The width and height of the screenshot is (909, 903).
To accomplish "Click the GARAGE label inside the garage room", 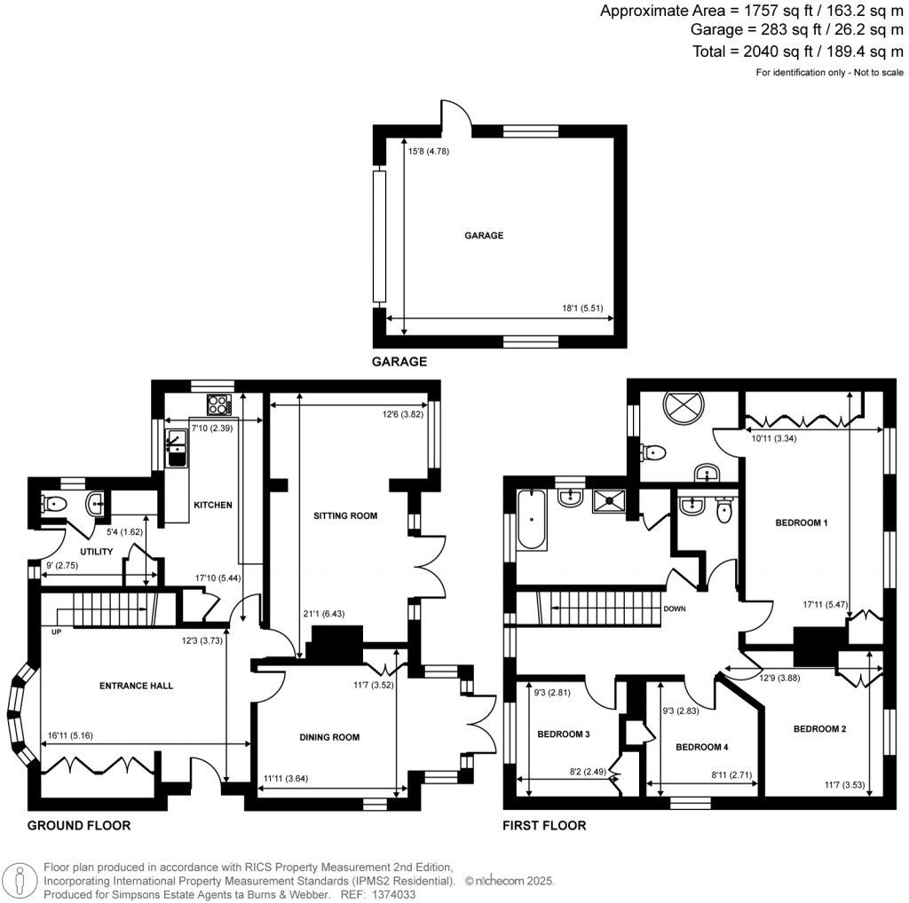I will tap(484, 236).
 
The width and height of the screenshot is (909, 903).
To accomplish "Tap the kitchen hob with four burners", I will tap(218, 405).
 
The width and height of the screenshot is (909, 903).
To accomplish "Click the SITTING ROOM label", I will tap(345, 515).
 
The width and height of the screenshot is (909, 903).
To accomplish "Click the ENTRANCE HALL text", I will tap(136, 686).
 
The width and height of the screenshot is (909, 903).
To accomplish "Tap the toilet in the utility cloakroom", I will tap(54, 506).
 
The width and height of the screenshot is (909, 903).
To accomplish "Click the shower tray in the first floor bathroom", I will tap(611, 501).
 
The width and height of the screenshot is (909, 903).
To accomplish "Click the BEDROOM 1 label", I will tap(802, 522).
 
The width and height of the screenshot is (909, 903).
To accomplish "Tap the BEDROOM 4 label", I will tap(701, 747).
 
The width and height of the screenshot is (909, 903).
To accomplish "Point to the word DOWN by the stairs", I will tap(676, 609).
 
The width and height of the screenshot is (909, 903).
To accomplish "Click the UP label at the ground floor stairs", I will tap(56, 632).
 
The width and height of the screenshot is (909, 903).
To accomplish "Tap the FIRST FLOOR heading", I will tap(544, 826).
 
